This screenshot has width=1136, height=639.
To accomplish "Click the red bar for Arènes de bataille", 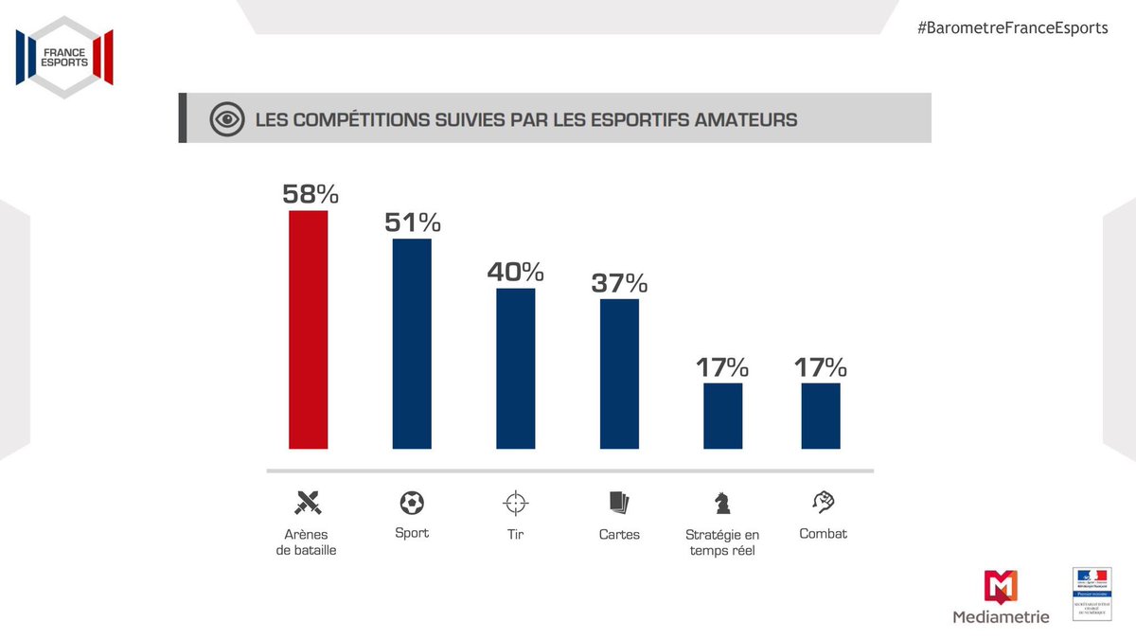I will coord(309,329).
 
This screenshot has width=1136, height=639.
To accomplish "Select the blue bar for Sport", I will coord(412,344).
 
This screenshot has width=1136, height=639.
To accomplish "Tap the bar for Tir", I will coord(516,368).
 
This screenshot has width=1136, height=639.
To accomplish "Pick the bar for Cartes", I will coord(619,374).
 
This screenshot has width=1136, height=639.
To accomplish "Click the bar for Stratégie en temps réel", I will coord(723,416).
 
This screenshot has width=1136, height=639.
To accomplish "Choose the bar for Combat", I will coord(821,416).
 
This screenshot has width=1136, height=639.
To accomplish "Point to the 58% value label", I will coord(310,194).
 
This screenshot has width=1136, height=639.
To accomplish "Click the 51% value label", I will coord(412,222).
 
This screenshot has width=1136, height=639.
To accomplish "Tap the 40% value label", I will coord(516,273).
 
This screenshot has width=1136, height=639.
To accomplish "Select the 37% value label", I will coord(619,283).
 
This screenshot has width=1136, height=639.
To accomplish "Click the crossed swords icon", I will coord(309,501).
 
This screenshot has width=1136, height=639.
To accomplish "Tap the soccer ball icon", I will coord(412,501).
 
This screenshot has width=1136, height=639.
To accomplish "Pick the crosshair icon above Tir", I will coord(516,501).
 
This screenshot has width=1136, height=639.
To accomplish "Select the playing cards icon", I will coord(619,501).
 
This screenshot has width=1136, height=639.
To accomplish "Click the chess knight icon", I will coord(722,501).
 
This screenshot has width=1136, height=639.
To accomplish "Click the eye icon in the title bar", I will coord(225,120).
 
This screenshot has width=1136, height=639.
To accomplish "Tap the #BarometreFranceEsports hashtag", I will coord(1012,27).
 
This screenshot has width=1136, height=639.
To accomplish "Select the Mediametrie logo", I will coord(1001,597).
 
